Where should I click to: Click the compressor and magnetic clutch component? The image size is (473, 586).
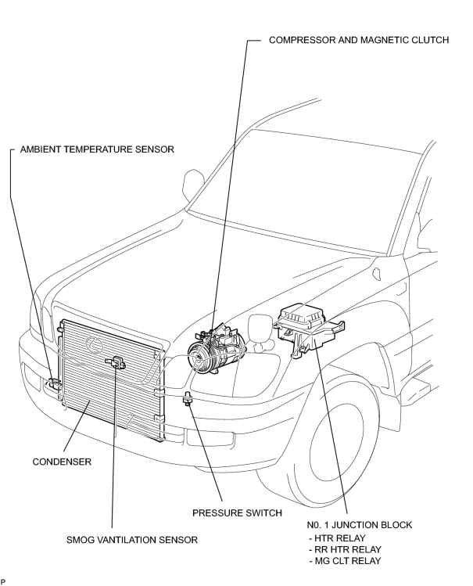(217, 348)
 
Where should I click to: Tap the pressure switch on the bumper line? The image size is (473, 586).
(187, 399)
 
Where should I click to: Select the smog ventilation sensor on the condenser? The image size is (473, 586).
(116, 362)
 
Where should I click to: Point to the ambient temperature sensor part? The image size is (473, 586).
(55, 385)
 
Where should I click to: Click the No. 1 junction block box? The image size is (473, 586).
(309, 329)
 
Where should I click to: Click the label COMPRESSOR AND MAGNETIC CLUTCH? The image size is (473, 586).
(359, 40)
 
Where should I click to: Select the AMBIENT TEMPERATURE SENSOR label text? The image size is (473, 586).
(97, 149)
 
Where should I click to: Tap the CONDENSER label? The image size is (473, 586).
(62, 462)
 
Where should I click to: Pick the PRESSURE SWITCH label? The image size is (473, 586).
(237, 512)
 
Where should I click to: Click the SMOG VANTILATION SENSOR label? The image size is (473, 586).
(132, 540)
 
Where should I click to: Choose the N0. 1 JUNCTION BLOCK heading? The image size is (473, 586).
(360, 525)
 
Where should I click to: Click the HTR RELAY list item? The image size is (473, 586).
(337, 538)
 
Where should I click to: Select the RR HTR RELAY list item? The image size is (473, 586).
(346, 549)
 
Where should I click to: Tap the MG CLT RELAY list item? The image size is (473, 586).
(346, 561)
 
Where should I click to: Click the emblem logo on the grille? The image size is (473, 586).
(94, 344)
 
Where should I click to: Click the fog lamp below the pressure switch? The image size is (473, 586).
(210, 438)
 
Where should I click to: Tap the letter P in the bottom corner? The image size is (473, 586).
(3, 581)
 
